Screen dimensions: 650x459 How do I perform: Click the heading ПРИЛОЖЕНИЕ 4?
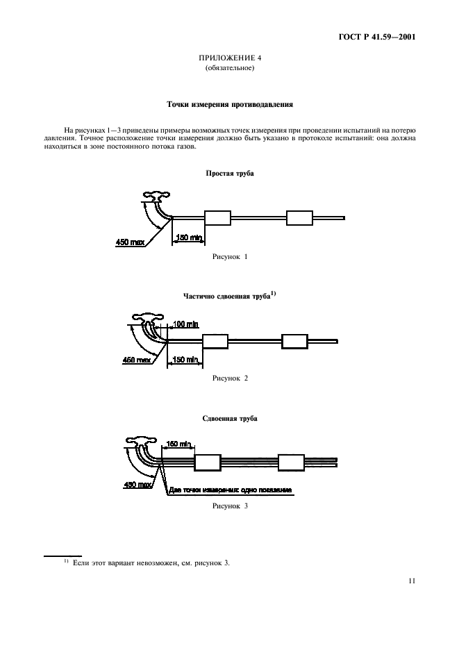coord(229,58)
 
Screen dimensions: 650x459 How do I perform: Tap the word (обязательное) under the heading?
coord(229,68)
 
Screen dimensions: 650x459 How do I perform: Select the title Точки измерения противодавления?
coord(229,106)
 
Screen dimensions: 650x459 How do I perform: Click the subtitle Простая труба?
coord(229,173)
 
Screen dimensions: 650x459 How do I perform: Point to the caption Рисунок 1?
coord(229,256)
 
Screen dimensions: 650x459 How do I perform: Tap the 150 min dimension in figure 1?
coord(188,237)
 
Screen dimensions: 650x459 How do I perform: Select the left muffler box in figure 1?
coord(217,217)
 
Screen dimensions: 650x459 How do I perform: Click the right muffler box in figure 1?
coord(300,217)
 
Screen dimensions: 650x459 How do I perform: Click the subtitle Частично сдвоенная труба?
coord(229,297)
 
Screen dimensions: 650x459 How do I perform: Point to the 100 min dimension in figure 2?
coord(183,324)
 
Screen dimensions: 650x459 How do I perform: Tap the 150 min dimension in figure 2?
coord(185,359)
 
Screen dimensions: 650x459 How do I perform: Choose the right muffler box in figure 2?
coord(294,341)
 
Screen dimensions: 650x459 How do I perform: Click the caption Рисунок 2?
coord(229,378)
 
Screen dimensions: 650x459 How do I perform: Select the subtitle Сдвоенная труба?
coord(229,419)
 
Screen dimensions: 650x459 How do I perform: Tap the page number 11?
coord(412,582)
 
